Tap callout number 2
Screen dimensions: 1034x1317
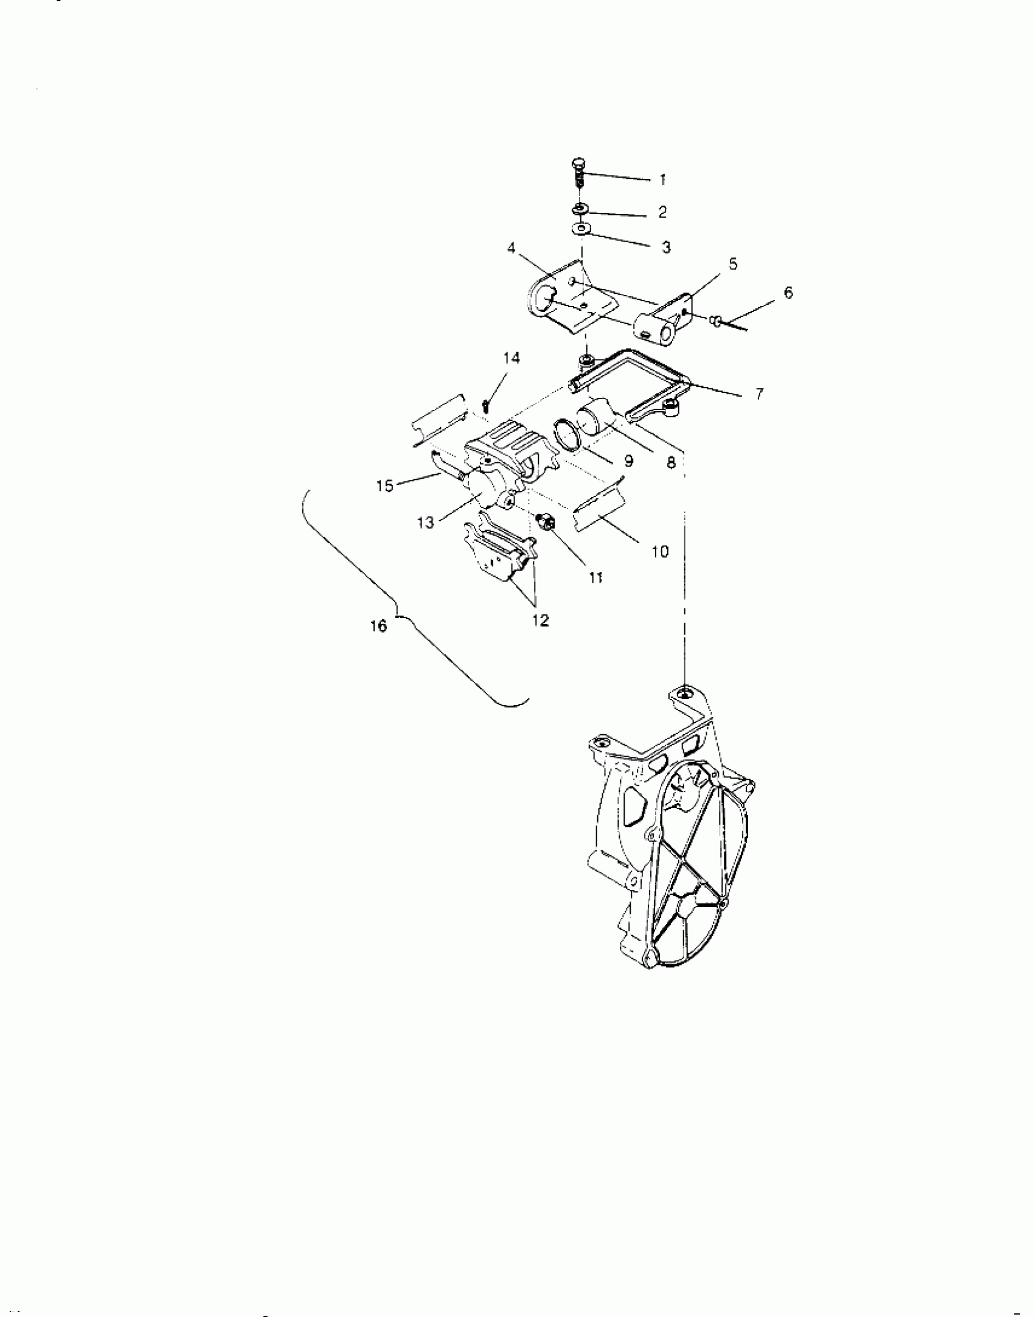(662, 212)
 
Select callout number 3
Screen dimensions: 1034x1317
(666, 247)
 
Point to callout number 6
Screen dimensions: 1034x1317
(788, 293)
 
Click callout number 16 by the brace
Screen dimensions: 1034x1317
(378, 626)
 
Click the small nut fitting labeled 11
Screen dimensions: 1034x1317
(546, 521)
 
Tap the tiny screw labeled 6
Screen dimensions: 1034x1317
(717, 319)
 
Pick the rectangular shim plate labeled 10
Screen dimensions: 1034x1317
(599, 511)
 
